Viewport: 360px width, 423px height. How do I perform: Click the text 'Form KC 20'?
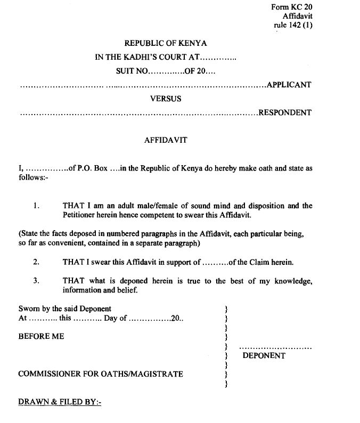(292, 7)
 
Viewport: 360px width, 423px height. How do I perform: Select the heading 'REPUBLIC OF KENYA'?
(166, 44)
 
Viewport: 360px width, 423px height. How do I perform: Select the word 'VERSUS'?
(166, 99)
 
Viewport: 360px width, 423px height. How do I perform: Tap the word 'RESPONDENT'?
(285, 112)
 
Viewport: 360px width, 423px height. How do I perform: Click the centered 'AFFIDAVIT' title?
(166, 141)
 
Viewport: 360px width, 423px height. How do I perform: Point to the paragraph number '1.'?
(36, 206)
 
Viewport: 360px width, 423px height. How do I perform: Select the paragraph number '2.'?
(36, 262)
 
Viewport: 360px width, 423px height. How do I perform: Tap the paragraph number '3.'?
(36, 281)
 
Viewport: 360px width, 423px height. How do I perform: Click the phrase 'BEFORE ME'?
(41, 337)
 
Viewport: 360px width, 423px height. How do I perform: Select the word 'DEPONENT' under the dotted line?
(264, 356)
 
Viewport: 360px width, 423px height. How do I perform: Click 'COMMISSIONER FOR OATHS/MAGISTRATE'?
(101, 374)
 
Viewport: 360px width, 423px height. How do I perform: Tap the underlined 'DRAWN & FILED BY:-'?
(60, 402)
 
